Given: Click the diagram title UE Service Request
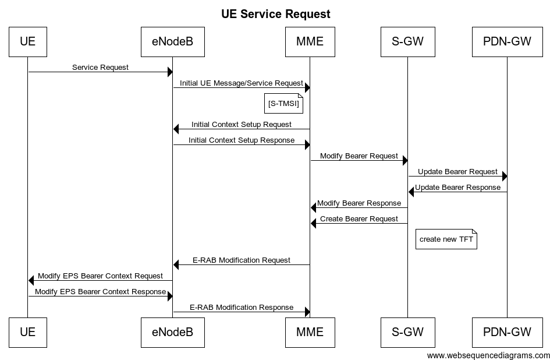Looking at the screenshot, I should coord(275,14).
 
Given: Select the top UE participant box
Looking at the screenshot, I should coord(27,41).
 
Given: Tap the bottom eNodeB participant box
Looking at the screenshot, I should coord(172,332).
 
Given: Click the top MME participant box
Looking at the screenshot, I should coord(310,41).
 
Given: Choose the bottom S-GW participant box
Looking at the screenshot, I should coord(407,332).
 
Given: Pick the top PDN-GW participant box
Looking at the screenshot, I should coord(507,41).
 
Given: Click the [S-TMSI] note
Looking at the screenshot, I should coord(285,103).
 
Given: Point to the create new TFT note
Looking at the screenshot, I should coord(446,239).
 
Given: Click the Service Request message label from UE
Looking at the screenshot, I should coord(100,67).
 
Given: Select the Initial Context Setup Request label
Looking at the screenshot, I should coord(242,124).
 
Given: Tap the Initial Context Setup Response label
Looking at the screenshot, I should coord(242,140).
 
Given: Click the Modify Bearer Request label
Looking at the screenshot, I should coord(359,156).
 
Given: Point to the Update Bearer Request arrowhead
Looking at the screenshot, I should coord(504,176).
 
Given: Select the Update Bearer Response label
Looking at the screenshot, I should coord(457,188).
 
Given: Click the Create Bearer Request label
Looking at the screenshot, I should coord(359,219).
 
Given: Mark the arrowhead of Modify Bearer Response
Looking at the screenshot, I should coord(314,207).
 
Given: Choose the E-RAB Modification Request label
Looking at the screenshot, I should coord(242,260).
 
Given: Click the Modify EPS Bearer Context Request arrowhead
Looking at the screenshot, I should coord(31,280).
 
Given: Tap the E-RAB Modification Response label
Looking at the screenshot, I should coord(242,307).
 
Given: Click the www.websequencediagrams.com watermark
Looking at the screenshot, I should coord(488,355).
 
